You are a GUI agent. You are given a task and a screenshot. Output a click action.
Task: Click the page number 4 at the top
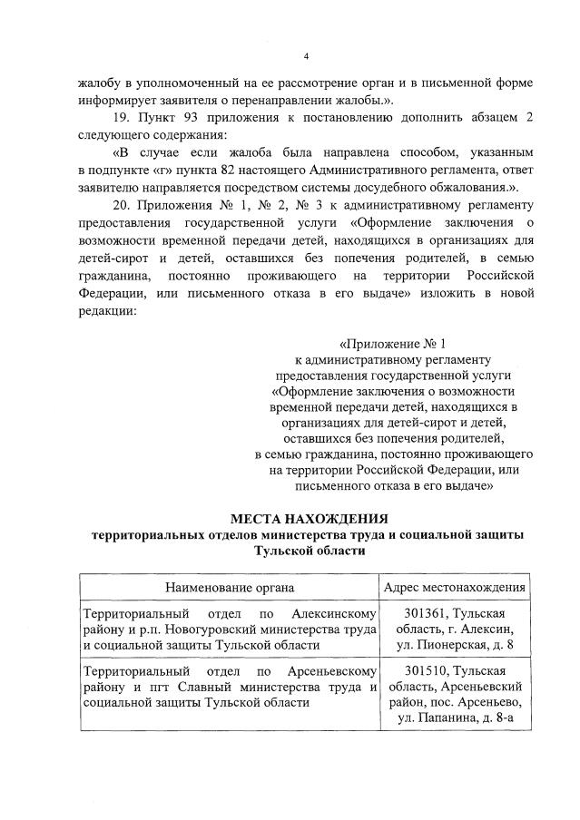pos(306,56)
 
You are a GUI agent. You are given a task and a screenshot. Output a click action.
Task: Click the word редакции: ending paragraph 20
pos(107,309)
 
